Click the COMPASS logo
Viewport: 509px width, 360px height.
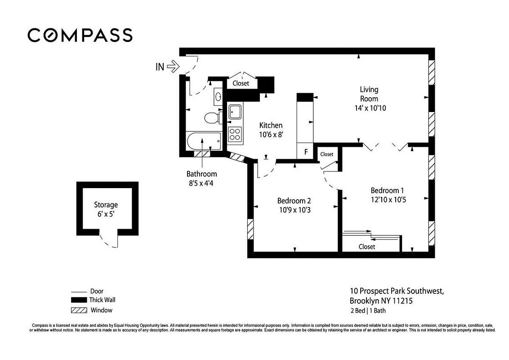80,35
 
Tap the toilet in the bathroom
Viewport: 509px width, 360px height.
211,118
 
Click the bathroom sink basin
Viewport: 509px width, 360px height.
218,96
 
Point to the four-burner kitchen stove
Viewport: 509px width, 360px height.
235,134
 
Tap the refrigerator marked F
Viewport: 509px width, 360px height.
306,152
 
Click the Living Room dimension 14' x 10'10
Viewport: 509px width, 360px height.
370,108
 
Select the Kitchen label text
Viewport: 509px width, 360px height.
271,126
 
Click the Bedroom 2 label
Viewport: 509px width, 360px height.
294,201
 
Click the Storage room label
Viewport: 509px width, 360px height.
106,205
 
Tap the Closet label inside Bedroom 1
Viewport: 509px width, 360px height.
367,247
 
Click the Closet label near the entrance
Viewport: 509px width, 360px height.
241,83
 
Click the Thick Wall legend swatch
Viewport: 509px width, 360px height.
79,300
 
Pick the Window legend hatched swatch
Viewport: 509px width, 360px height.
79,310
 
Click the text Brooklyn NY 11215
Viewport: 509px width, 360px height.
381,301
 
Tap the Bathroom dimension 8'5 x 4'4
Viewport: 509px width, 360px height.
202,183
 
